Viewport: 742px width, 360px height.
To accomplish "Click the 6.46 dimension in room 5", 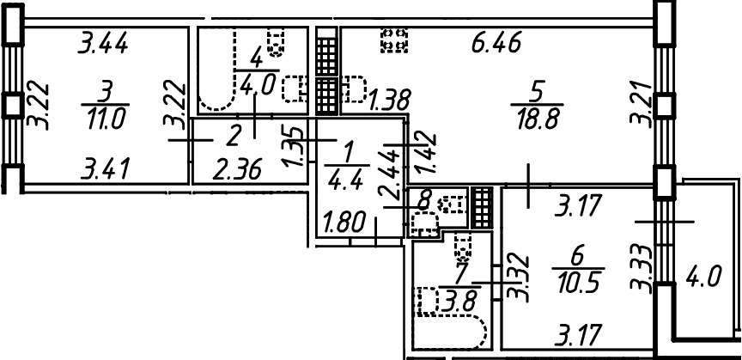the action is (x=496, y=43).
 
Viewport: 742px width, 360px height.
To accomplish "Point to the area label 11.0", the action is (x=105, y=119).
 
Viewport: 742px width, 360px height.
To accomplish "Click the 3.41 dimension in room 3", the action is (x=105, y=169).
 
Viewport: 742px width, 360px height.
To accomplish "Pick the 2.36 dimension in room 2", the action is (x=237, y=169).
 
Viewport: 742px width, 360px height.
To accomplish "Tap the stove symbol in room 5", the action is (x=394, y=40).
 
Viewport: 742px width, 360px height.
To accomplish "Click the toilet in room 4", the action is (x=276, y=42).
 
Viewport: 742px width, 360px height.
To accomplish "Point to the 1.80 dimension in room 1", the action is (x=345, y=222).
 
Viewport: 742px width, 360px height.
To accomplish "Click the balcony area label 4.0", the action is (x=703, y=276).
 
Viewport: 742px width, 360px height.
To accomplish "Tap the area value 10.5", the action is (x=578, y=284).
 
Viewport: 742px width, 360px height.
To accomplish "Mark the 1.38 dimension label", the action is (x=390, y=99).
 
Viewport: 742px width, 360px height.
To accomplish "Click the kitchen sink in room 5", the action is (x=354, y=88).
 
